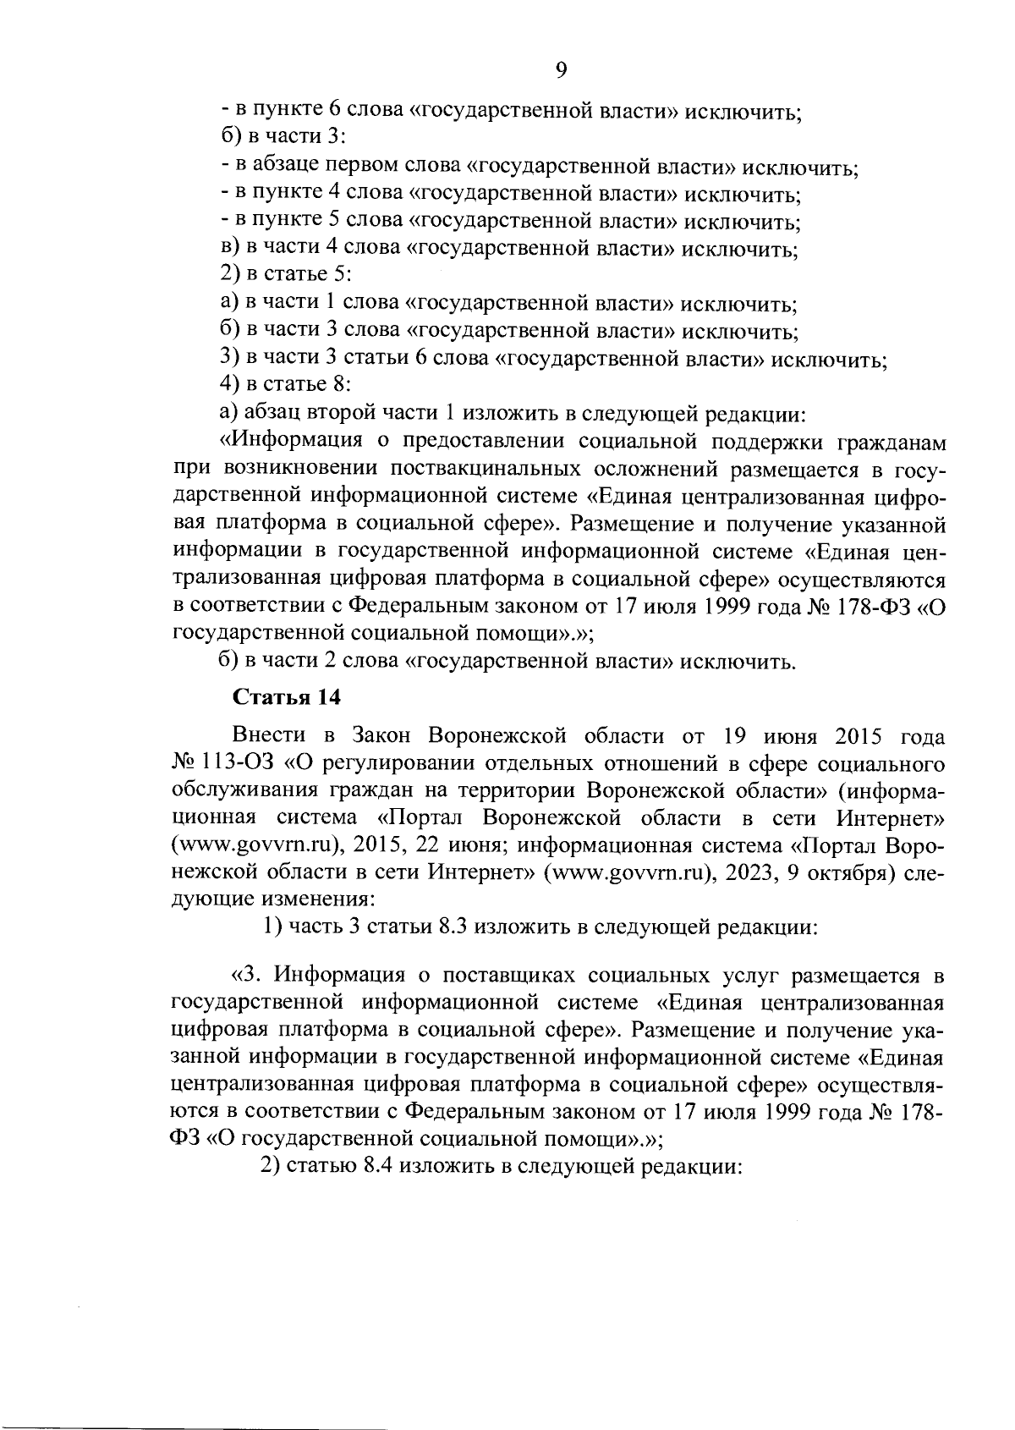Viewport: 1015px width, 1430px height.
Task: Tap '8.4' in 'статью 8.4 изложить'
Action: point(376,1166)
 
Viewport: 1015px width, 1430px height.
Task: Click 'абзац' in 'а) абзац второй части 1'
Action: point(268,413)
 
